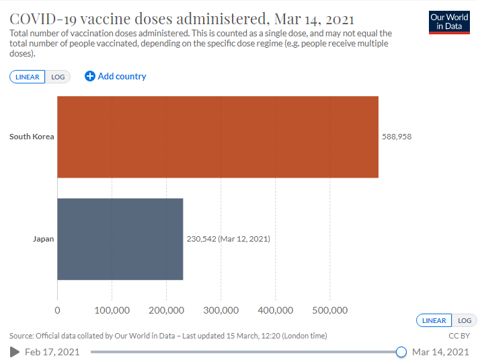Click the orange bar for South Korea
click(218, 137)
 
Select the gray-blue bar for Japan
click(120, 239)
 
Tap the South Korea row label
click(32, 137)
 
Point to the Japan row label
click(43, 239)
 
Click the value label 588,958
click(396, 137)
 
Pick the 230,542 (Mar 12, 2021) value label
click(228, 239)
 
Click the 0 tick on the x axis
click(57, 310)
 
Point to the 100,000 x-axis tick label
click(112, 310)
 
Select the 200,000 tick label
click(166, 310)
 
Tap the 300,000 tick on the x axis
click(221, 310)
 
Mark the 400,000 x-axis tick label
click(275, 310)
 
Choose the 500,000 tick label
click(329, 310)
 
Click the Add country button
click(116, 76)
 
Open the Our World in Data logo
click(449, 22)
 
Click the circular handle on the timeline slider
click(401, 351)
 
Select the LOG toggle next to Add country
click(58, 77)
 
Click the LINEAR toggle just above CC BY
click(434, 320)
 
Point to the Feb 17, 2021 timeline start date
click(52, 351)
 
